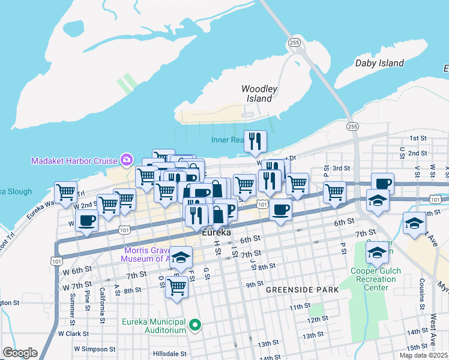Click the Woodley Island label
(x=259, y=94)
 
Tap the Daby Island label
(x=379, y=63)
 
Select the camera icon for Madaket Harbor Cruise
(x=126, y=160)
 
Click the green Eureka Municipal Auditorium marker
(x=194, y=326)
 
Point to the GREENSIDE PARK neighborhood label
(x=302, y=290)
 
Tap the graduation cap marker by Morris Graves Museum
(x=180, y=257)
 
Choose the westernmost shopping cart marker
(x=65, y=193)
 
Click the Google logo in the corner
(x=20, y=353)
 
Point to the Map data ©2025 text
(x=423, y=355)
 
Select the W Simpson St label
(x=94, y=349)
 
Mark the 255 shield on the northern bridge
(x=294, y=43)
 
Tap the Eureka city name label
(x=216, y=232)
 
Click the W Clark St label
(x=74, y=333)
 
